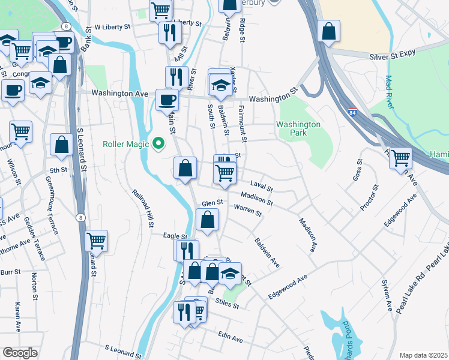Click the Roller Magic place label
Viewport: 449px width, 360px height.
125,144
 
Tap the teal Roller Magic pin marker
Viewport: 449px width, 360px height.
159,143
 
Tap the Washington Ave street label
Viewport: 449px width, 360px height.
119,94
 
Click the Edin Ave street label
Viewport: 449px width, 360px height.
231,338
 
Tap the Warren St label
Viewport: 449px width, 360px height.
248,211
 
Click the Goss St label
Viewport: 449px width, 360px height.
358,170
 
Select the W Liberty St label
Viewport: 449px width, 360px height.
112,28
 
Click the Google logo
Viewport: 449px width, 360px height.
20,353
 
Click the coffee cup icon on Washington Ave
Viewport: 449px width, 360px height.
167,100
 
